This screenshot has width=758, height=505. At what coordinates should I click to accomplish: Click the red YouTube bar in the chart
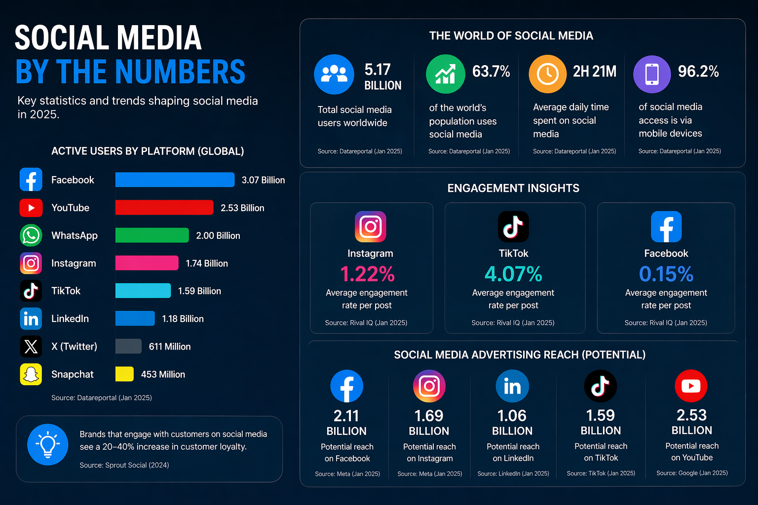pos(164,208)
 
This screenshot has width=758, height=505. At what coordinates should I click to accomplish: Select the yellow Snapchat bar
pos(124,374)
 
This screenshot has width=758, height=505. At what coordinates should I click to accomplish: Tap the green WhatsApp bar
pos(152,235)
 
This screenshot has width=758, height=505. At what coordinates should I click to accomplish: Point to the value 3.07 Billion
pos(263,180)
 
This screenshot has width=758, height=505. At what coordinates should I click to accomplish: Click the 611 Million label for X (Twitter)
pos(170,347)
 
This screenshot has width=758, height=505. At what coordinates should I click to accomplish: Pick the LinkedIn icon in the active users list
pos(31,319)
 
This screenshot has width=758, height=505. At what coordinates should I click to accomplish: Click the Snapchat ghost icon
pos(31,374)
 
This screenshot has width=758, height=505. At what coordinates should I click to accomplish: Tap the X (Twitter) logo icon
pos(31,347)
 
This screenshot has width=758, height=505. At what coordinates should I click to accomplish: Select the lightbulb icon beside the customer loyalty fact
pos(48,444)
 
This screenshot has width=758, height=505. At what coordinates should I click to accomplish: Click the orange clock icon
pos(547,74)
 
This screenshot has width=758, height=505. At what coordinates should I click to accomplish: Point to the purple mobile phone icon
pos(652,74)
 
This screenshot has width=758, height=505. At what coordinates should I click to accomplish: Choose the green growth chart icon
pos(445,74)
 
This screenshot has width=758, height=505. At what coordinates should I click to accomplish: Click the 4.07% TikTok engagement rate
pos(513,274)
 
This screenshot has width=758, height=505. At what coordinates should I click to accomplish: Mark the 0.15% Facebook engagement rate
pos(666,274)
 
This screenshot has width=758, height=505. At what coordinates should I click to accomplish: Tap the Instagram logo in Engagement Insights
pos(370,227)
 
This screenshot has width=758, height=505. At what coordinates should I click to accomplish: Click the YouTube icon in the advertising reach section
pos(691,386)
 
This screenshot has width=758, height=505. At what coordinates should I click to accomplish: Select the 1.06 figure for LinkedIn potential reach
pos(512,416)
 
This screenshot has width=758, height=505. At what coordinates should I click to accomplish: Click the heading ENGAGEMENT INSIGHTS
pos(513,188)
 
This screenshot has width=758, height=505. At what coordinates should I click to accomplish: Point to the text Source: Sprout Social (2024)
pos(124,465)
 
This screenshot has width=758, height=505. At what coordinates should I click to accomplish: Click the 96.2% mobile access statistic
pos(698,72)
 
